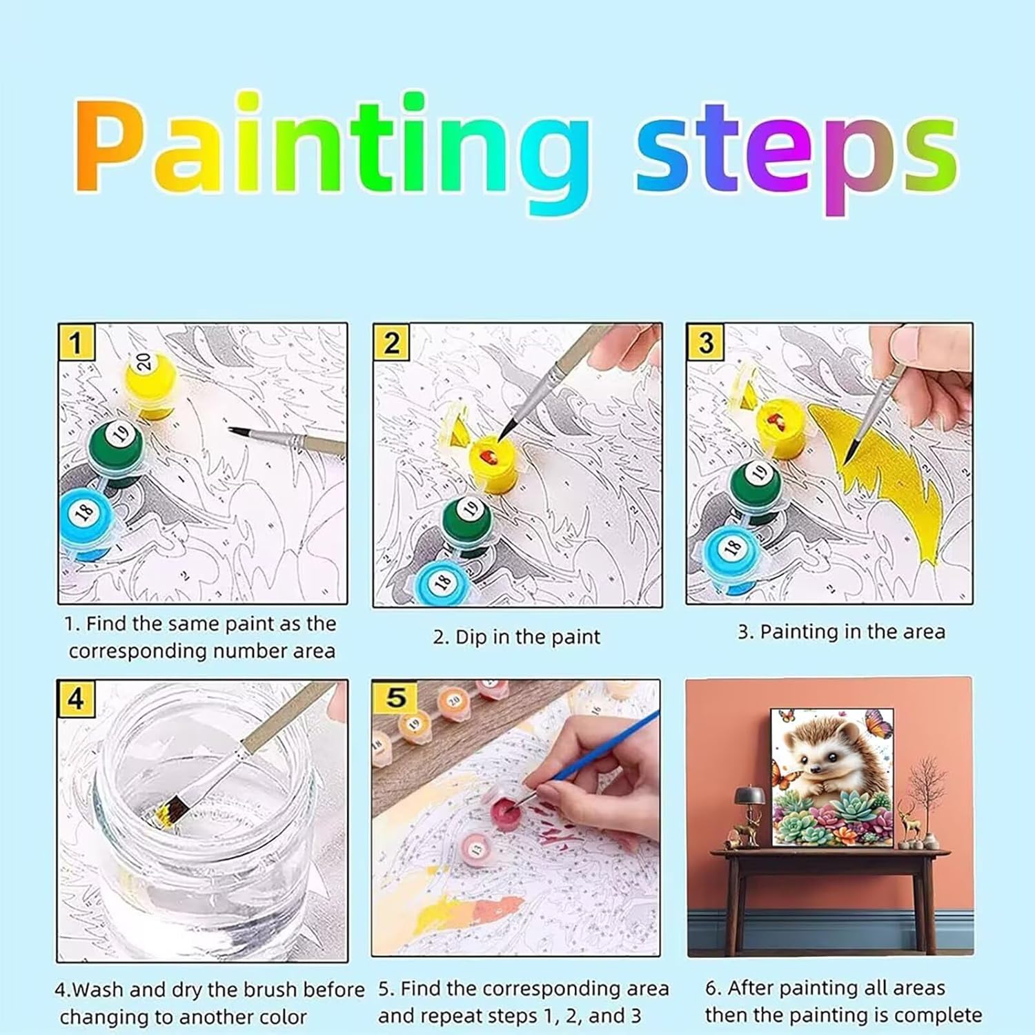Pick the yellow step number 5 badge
pyautogui.click(x=396, y=697)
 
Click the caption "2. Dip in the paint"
pyautogui.click(x=517, y=637)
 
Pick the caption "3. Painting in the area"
pyautogui.click(x=841, y=631)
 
